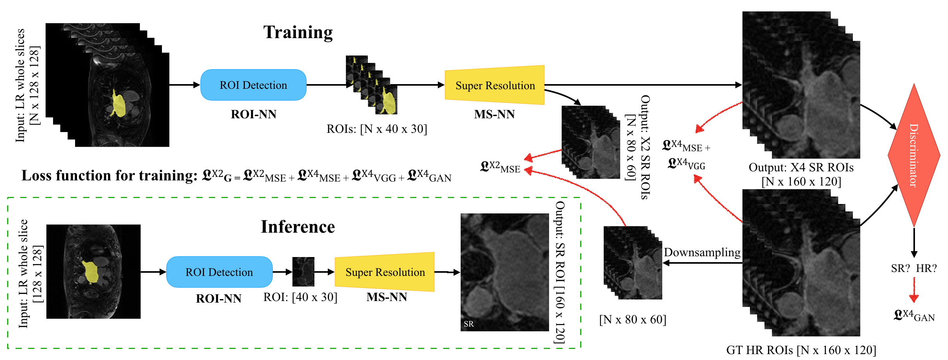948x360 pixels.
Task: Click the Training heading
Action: point(298,32)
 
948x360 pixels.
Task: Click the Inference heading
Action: point(298,227)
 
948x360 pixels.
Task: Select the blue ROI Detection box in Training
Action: point(253,85)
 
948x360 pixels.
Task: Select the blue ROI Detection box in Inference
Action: point(219,272)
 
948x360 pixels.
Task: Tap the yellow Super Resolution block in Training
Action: point(494,85)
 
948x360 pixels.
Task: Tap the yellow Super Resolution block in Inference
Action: point(384,272)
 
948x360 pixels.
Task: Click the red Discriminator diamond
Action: point(914,155)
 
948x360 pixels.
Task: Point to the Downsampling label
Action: point(702,252)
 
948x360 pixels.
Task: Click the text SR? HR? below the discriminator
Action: point(914,268)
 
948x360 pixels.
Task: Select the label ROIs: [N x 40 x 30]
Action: point(377,129)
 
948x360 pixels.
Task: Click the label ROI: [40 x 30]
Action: point(300,297)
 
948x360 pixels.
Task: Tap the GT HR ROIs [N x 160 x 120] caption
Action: point(801,350)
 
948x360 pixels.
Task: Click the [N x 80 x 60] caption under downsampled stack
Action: point(632,320)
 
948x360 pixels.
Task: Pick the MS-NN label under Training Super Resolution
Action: point(494,114)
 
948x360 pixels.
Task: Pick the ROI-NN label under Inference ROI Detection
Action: point(219,299)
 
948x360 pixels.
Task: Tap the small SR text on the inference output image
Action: point(468,324)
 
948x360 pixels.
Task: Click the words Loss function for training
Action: point(109,176)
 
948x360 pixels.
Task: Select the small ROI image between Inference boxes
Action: point(303,272)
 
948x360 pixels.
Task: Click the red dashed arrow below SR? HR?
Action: point(914,291)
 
